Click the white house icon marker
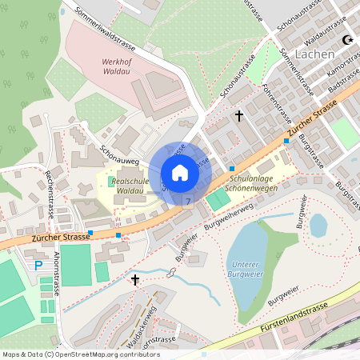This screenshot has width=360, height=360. [x=180, y=173]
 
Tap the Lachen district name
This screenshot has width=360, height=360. [x=314, y=54]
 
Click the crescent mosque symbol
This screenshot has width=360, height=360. [x=347, y=39]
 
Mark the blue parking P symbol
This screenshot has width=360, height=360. [x=37, y=265]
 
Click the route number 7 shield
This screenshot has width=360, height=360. [x=188, y=202]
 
